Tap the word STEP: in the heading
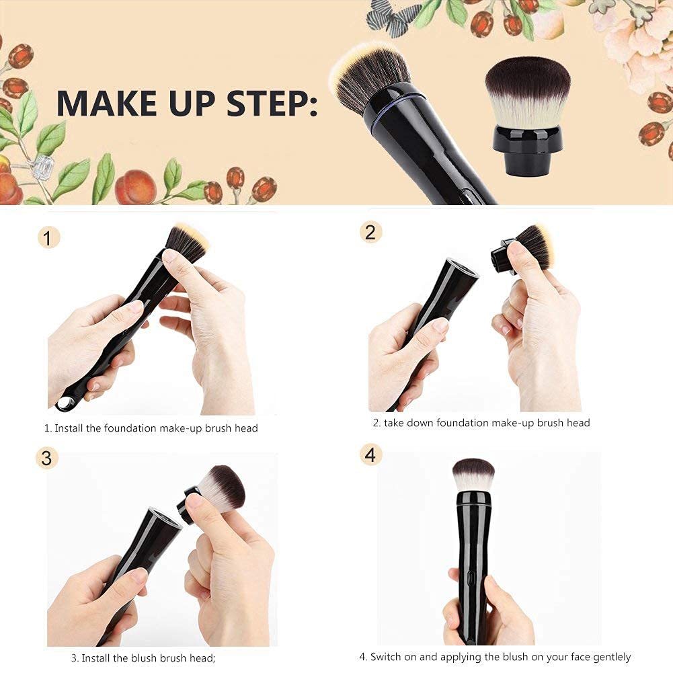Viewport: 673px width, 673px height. click(x=273, y=102)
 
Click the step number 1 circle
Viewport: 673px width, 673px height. click(x=48, y=237)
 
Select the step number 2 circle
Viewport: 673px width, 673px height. click(x=370, y=232)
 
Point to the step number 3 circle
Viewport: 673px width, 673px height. click(x=46, y=458)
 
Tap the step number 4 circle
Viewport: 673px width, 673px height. click(x=370, y=454)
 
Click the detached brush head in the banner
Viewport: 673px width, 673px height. click(x=527, y=114)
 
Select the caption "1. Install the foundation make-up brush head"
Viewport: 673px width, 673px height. click(x=151, y=428)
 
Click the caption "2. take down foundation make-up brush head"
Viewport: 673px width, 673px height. click(x=481, y=423)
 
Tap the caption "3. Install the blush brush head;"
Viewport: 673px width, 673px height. click(x=143, y=658)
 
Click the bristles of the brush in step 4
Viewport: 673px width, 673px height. click(x=473, y=473)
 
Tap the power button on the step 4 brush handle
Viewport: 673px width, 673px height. click(x=471, y=579)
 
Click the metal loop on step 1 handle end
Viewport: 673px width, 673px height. click(x=65, y=403)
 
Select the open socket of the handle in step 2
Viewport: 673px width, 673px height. click(x=462, y=268)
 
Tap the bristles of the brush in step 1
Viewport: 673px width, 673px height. click(x=186, y=241)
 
